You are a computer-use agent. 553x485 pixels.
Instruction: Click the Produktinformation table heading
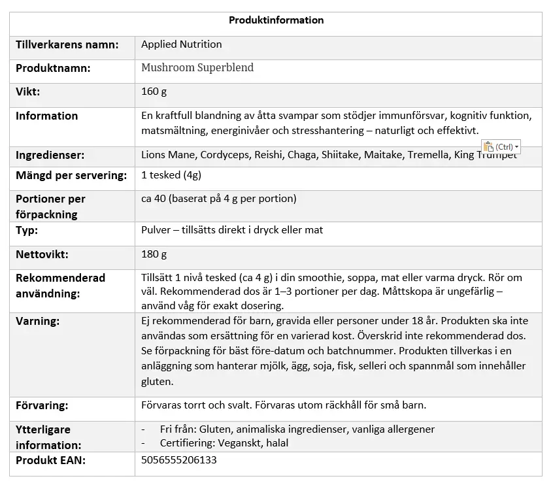[276, 20]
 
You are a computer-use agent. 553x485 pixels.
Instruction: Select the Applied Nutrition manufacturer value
[182, 44]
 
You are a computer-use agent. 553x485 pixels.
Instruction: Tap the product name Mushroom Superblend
[197, 68]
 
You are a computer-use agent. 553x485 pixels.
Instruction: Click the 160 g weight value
[154, 92]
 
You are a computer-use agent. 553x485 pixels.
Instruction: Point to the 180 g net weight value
[154, 254]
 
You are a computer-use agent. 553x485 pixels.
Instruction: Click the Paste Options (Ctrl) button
[501, 147]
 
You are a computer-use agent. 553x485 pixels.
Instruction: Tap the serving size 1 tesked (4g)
[171, 175]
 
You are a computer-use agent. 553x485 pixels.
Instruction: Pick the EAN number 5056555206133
[179, 460]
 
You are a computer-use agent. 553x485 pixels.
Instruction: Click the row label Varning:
[38, 322]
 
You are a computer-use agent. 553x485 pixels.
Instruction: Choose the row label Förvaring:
[42, 405]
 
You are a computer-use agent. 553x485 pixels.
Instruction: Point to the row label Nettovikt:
[42, 254]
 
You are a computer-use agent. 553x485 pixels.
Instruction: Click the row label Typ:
[27, 231]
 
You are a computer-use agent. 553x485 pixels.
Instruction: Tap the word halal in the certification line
[275, 443]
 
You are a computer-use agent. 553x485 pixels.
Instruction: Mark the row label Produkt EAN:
[51, 460]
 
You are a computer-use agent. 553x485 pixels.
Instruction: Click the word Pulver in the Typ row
[157, 230]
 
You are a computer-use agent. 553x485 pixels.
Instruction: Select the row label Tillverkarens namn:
[67, 45]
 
